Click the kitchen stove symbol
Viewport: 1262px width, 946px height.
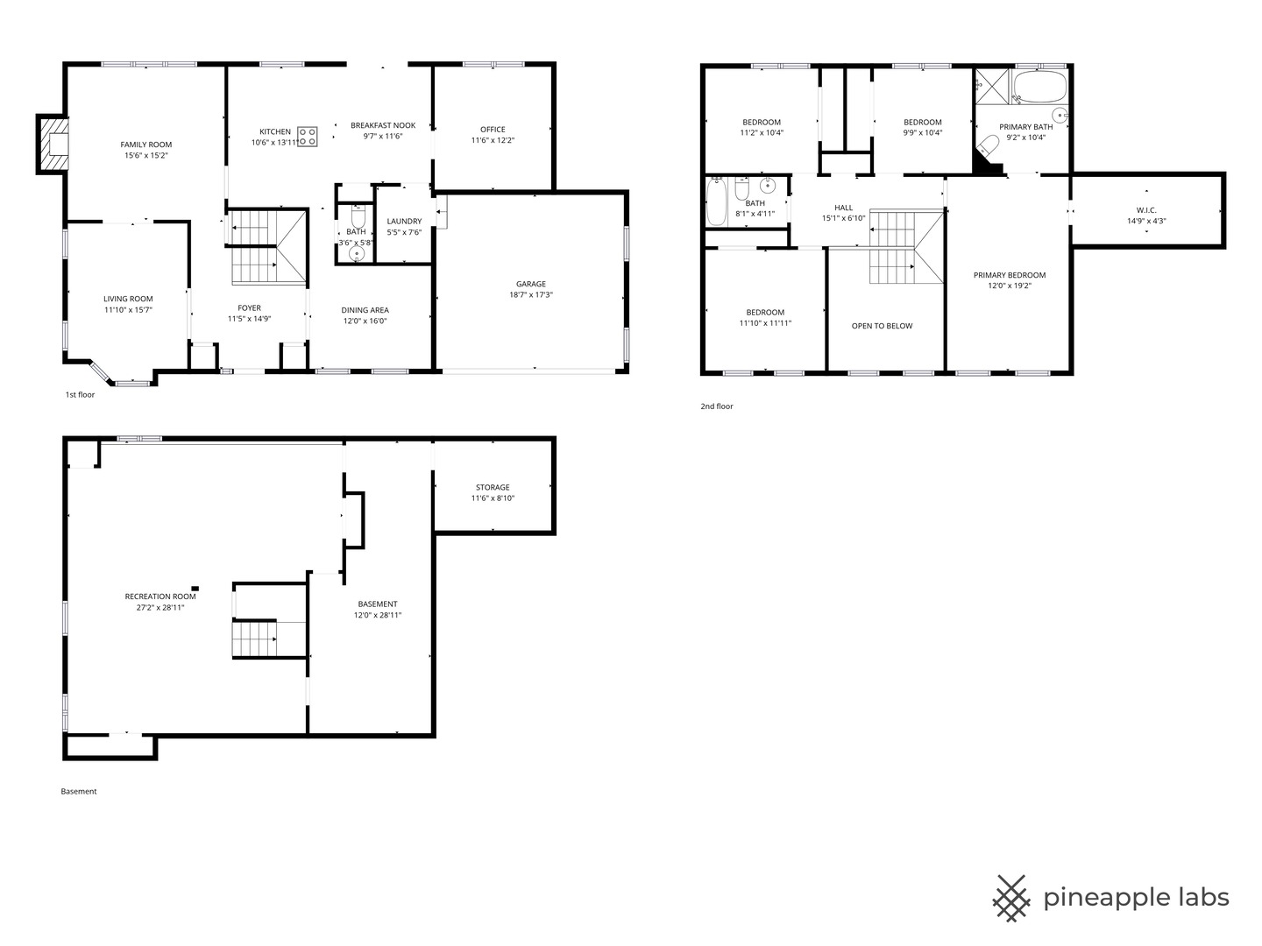307,136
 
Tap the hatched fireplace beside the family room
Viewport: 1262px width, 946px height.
53,144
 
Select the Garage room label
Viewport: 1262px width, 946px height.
531,284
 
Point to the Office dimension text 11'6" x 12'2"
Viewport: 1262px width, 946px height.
493,140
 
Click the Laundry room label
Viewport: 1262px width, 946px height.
404,221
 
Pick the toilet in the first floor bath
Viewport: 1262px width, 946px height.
358,217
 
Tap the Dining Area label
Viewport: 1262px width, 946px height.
365,310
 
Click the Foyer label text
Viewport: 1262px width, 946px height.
250,307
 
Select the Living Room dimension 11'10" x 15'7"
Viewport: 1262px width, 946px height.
128,309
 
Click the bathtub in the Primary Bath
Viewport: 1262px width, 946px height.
1039,86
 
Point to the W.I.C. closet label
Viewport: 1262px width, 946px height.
1146,210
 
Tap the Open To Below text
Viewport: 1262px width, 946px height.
882,326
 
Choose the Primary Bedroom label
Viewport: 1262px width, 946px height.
1010,275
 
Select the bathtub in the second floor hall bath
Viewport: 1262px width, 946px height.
716,201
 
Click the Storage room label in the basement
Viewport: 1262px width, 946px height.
493,487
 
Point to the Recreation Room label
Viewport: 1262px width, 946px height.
160,597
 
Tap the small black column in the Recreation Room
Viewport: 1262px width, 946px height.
195,588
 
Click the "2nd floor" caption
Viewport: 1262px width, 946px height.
717,406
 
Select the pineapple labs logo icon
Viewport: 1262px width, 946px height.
1011,898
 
